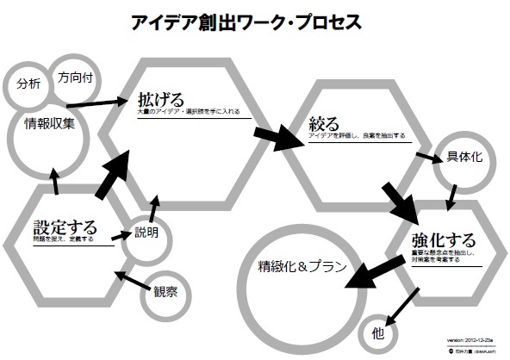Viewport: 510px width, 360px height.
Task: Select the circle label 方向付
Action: tap(75, 77)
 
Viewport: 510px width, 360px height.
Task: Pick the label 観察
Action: tap(165, 291)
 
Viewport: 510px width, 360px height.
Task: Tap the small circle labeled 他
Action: tap(376, 329)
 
